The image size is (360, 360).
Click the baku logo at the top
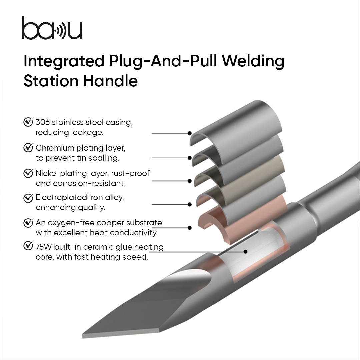click(52, 29)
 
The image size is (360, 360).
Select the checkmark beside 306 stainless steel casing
click(28, 122)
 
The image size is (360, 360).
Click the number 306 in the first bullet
click(42, 122)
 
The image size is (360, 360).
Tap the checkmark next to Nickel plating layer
click(28, 173)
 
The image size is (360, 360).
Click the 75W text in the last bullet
click(44, 247)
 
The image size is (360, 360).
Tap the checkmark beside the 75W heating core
click(28, 246)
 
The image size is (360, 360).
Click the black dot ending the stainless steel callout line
click(190, 133)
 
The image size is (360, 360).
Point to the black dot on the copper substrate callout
click(190, 228)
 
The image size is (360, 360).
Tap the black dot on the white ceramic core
click(245, 252)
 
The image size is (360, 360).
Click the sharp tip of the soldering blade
click(84, 335)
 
